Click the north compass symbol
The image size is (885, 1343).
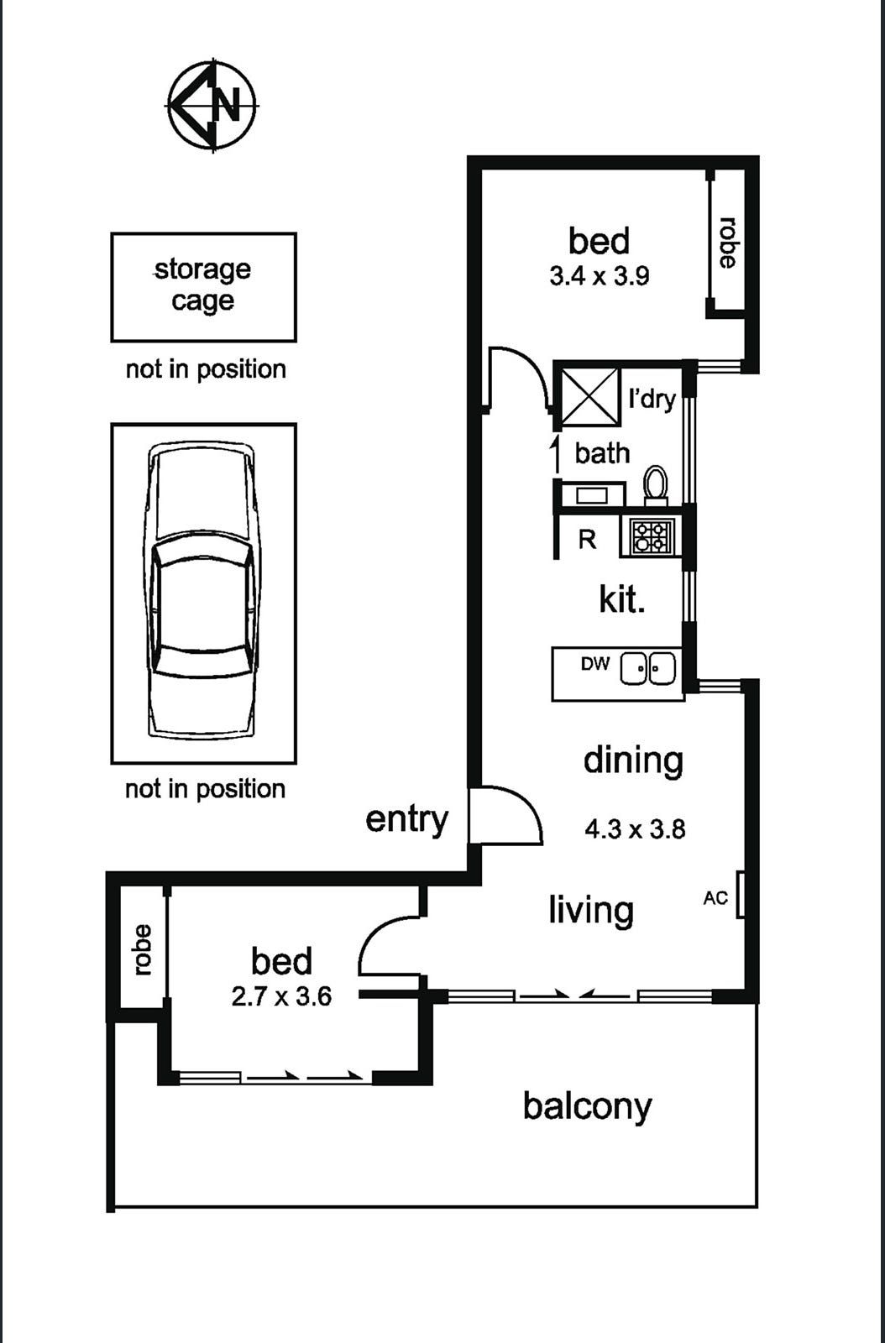click(212, 105)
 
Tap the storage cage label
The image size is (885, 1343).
click(203, 285)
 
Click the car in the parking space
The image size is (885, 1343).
click(202, 592)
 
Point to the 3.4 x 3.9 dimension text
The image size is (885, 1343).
click(599, 276)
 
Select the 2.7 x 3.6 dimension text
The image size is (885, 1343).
click(281, 996)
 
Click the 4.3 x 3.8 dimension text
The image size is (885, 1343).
click(635, 829)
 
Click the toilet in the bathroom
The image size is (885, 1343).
click(656, 486)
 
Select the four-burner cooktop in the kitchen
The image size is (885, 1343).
click(652, 536)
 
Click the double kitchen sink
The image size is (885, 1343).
click(648, 669)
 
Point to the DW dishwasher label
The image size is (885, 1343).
click(594, 664)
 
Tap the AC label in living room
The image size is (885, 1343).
click(715, 899)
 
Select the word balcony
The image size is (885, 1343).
click(587, 1106)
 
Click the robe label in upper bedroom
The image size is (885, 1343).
click(727, 243)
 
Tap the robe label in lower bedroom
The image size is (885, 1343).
click(142, 949)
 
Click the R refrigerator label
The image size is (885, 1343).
click(587, 540)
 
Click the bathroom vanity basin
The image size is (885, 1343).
click(591, 495)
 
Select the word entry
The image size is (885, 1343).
click(406, 818)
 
